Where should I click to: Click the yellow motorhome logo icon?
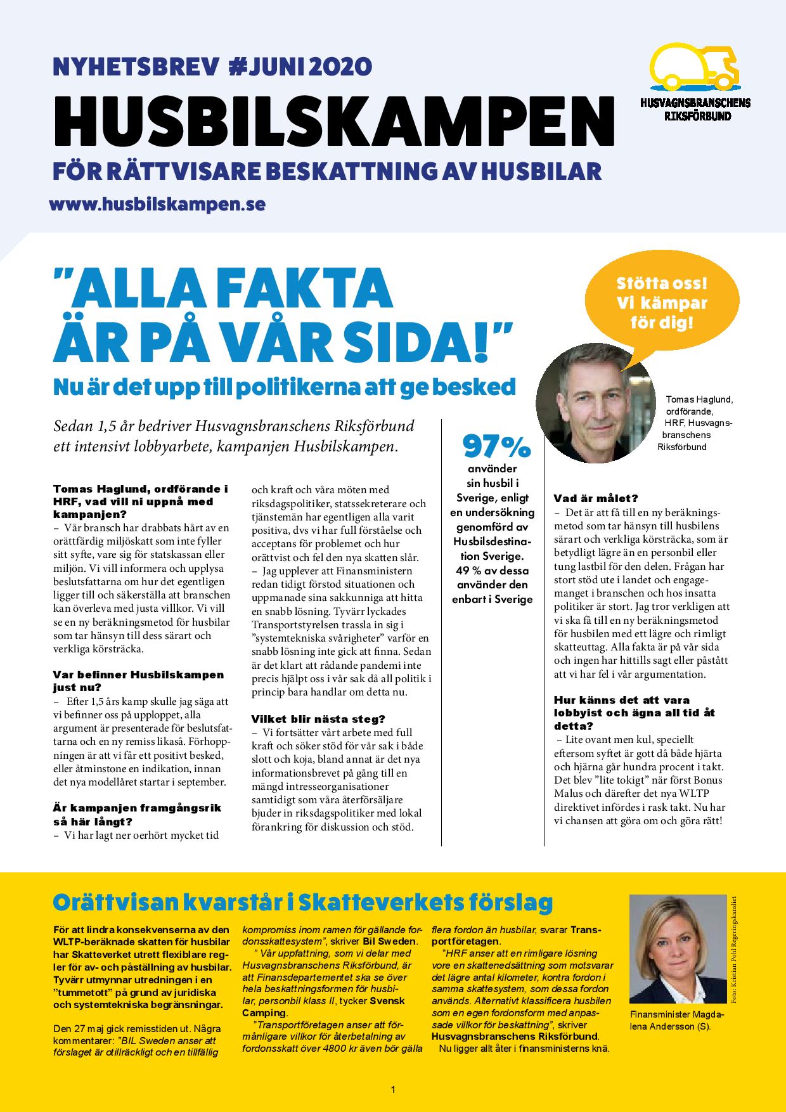pos(696,67)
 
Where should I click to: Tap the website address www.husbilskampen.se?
pos(157,204)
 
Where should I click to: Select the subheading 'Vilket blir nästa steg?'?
pos(318,719)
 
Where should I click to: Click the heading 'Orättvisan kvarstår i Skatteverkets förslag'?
pos(303,902)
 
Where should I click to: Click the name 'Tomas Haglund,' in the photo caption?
pos(699,399)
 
